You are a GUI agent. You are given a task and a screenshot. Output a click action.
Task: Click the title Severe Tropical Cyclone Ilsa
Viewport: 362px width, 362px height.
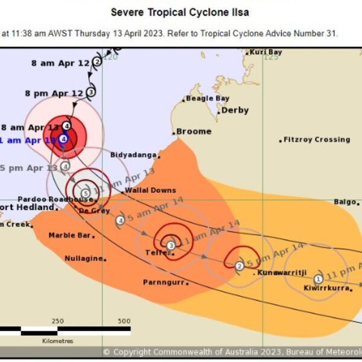click(180, 12)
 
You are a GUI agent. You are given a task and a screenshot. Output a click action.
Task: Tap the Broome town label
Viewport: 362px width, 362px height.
click(194, 131)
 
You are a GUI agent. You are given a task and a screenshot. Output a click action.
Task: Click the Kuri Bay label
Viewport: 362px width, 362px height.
click(266, 52)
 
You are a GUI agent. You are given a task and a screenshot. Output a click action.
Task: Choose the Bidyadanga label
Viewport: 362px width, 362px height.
click(132, 154)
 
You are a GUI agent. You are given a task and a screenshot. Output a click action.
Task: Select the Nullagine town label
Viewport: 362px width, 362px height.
click(84, 258)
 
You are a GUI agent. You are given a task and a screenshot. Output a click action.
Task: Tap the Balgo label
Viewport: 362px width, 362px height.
click(345, 202)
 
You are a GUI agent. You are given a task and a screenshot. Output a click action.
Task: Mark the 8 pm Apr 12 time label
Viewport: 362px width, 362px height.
click(54, 93)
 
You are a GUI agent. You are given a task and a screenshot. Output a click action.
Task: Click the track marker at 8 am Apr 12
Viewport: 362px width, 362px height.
click(97, 62)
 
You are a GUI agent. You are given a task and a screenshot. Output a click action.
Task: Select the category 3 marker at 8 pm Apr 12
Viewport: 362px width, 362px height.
click(91, 92)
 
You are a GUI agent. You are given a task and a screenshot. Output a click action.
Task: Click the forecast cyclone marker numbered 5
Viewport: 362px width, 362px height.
click(86, 193)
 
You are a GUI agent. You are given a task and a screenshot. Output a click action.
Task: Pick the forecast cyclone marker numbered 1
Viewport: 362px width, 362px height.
click(318, 278)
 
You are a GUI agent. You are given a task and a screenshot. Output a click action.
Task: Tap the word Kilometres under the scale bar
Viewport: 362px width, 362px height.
click(58, 341)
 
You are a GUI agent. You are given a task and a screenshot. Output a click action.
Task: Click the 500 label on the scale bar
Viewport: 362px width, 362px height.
click(124, 321)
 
